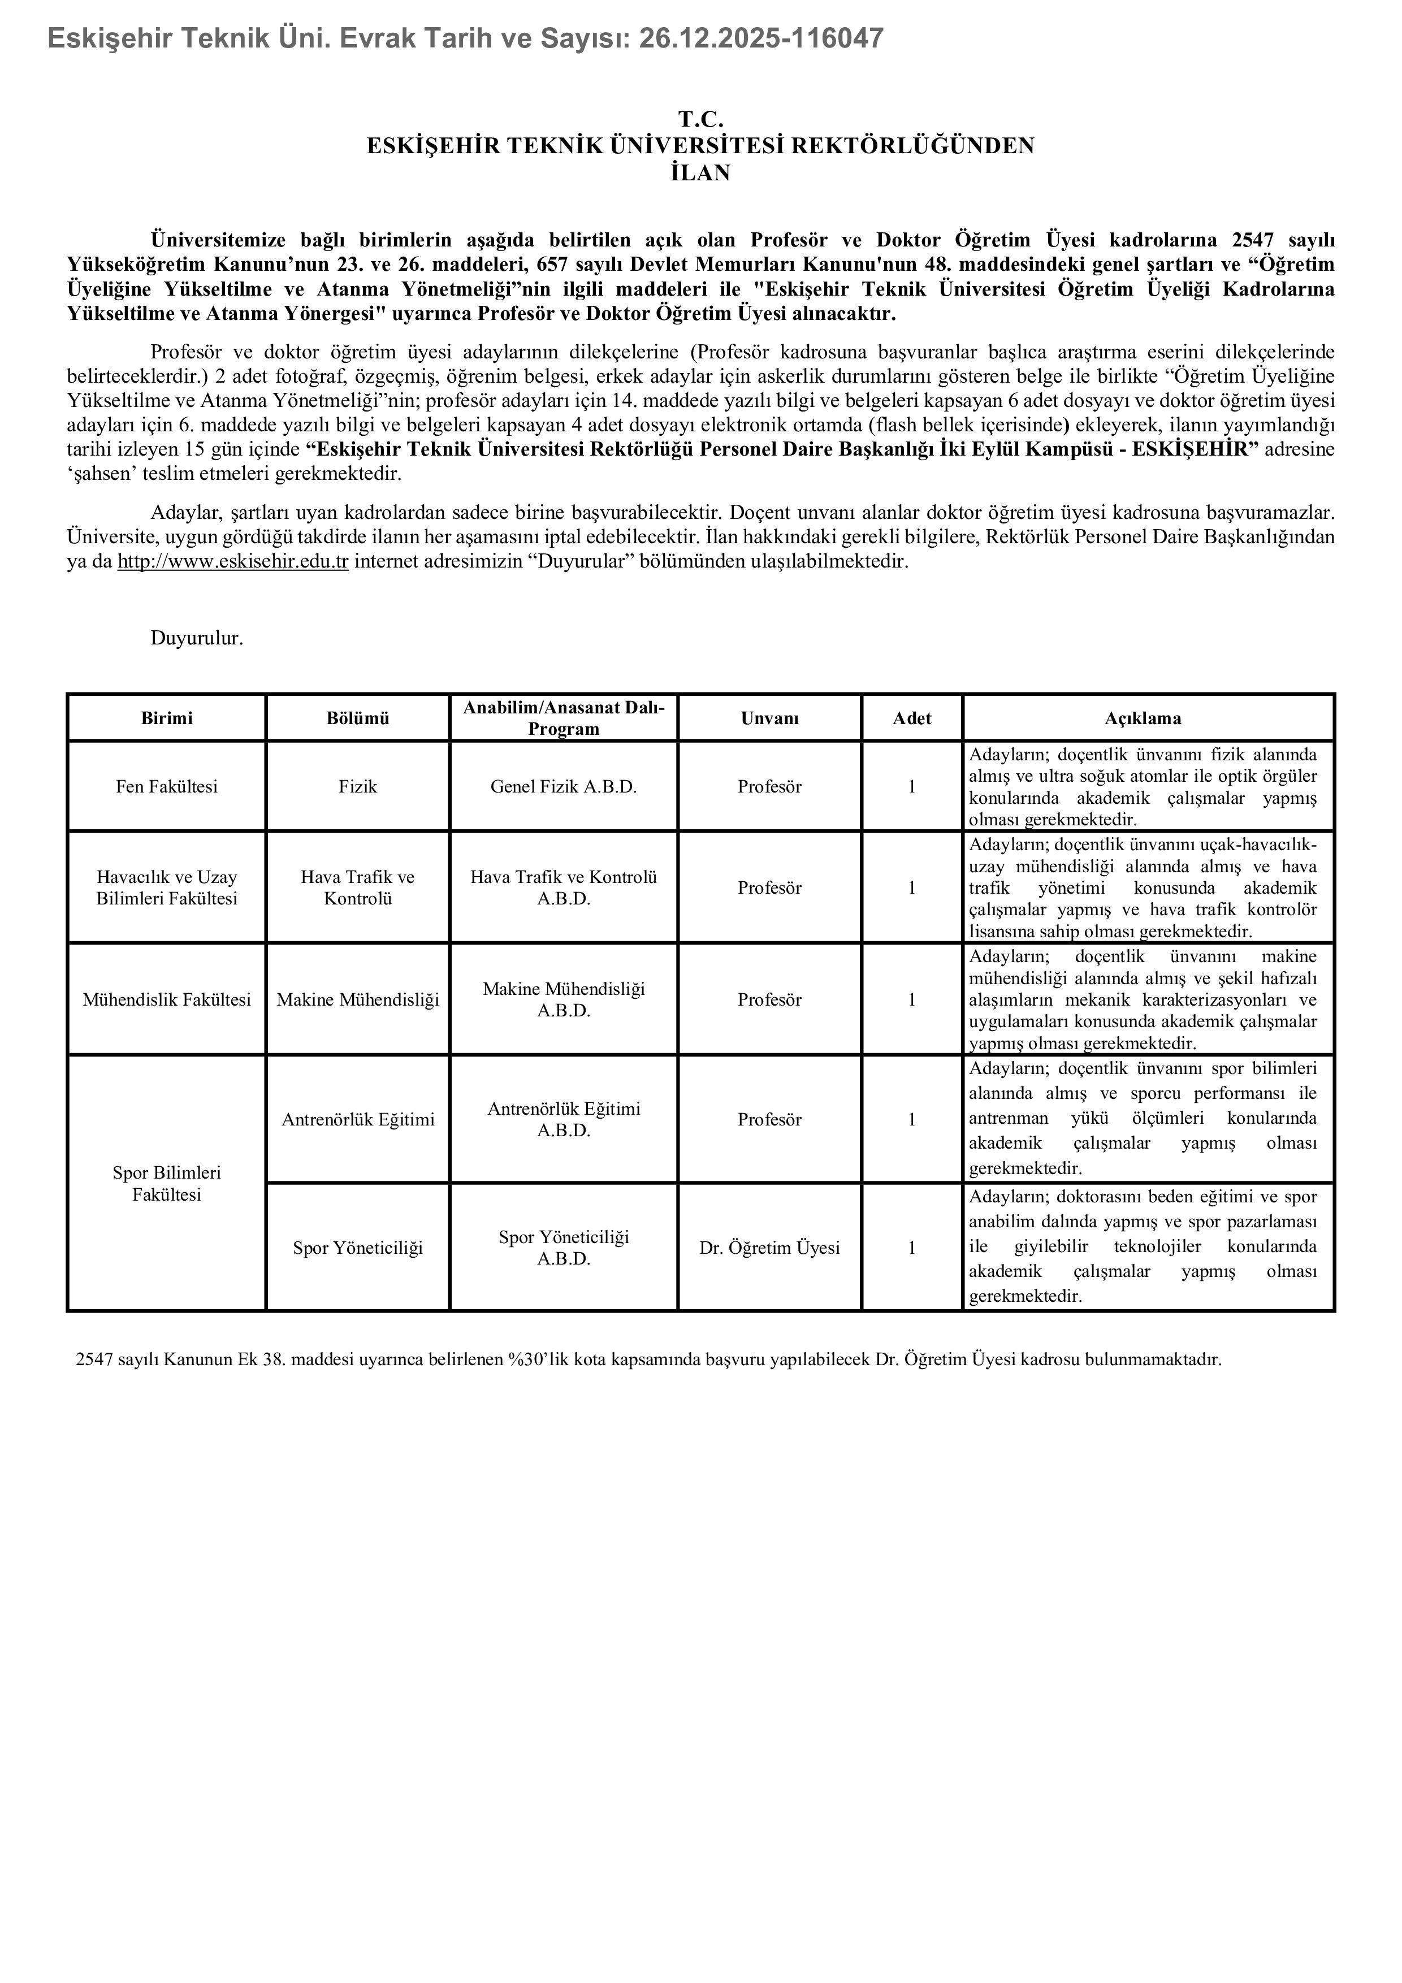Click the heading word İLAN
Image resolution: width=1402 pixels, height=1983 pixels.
point(700,174)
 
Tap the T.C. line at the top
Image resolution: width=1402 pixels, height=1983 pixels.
point(700,119)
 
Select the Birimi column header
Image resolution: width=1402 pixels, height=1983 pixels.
point(167,718)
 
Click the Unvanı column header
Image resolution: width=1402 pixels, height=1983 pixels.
point(769,718)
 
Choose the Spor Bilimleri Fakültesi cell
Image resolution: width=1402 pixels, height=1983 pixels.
point(167,1183)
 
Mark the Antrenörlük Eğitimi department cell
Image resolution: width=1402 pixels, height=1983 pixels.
point(358,1119)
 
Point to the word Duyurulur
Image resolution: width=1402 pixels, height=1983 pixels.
point(197,638)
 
